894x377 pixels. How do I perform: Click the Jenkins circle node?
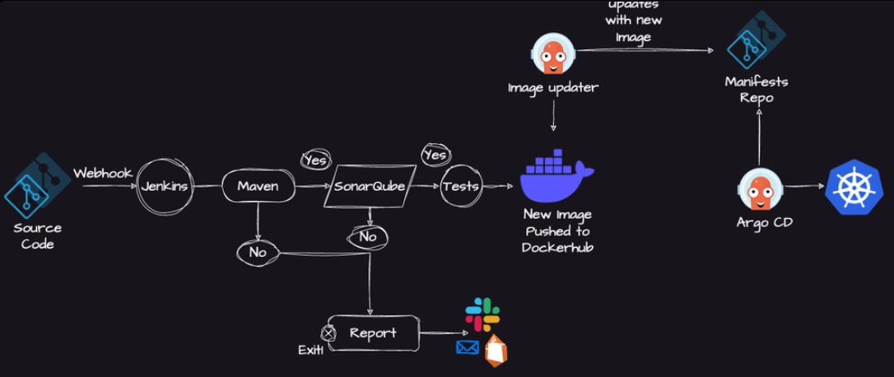coord(163,186)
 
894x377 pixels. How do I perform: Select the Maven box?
coord(258,186)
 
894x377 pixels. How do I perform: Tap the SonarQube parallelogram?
coord(370,186)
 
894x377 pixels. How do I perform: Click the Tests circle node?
coord(460,186)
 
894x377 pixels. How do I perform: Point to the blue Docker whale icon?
coord(556,177)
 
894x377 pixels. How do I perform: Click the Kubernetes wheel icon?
coord(854,187)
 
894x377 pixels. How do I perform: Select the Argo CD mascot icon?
coord(758,188)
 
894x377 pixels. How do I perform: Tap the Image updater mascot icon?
coord(552,54)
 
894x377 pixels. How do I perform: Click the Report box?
coord(373,333)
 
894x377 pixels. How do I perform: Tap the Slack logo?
coord(482,314)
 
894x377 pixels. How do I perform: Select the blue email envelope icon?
coord(468,347)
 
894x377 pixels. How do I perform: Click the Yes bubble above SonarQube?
coord(315,161)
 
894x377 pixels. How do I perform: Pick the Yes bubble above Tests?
coord(435,155)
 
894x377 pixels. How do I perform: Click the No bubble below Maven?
coord(258,252)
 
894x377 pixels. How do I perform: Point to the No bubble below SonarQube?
coord(368,237)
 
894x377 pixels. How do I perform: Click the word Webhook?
coord(102,173)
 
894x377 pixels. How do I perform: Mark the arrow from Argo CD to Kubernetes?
coord(804,186)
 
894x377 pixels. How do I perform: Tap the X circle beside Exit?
coord(328,333)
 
